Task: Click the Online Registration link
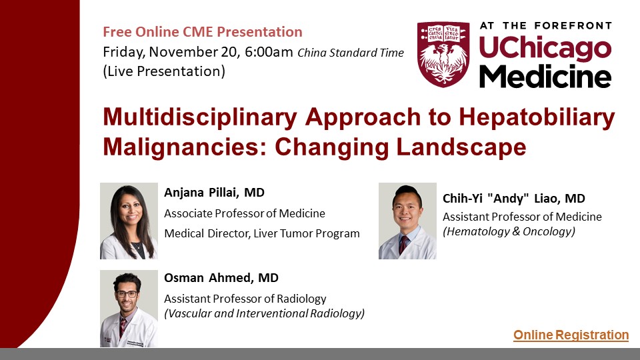point(571,335)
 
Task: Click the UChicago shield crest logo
point(443,54)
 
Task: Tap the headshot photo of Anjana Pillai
point(129,221)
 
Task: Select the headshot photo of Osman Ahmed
point(129,309)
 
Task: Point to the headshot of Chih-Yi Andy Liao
point(407,221)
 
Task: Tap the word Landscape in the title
point(461,148)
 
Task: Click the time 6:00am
point(269,52)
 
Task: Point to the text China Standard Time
point(351,53)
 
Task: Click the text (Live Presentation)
point(164,71)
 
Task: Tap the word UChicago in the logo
point(545,49)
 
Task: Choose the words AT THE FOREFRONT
point(546,26)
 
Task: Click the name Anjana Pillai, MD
point(214,192)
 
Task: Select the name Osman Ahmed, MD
point(221,278)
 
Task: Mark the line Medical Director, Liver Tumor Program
point(262,234)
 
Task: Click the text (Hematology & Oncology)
point(509,232)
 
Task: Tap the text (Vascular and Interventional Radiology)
point(265,313)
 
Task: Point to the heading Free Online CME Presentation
point(203,32)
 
